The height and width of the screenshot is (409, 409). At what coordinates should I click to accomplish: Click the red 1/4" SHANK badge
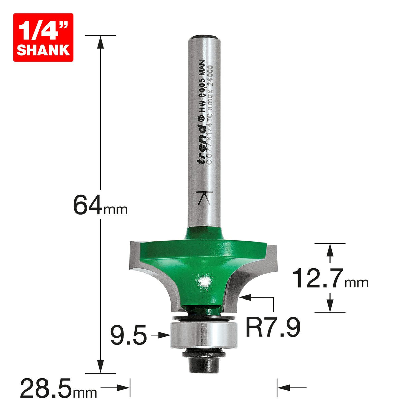43,37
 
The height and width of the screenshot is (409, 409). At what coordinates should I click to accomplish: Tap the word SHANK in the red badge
43,50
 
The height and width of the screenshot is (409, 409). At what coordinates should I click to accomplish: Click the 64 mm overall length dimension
100,206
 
